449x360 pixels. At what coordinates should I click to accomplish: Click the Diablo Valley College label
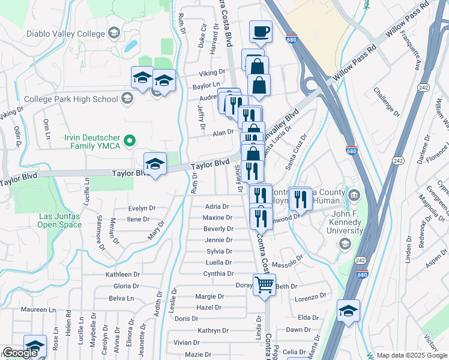pos(65,34)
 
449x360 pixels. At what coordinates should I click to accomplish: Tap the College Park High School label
pos(71,99)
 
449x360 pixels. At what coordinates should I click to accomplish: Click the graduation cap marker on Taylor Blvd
pos(155,164)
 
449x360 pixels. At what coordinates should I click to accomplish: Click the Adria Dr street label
pos(217,206)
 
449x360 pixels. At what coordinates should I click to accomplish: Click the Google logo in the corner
pos(20,353)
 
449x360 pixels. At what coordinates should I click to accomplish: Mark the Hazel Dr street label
pos(209,307)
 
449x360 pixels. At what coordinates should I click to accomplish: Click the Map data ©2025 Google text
pos(403,355)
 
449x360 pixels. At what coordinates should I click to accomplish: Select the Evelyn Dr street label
pos(142,208)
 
